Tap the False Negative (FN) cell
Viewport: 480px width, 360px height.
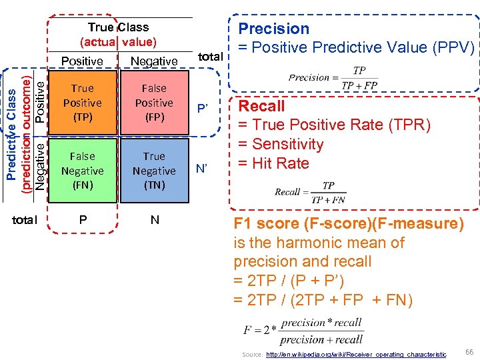point(83,171)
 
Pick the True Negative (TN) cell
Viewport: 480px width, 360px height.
point(154,171)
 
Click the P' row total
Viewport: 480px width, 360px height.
point(201,108)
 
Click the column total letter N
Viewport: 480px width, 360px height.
point(155,219)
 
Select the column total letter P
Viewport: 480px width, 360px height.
point(83,219)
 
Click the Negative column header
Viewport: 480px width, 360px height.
point(154,61)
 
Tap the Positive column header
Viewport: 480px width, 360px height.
point(82,61)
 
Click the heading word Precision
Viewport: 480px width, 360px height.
point(274,29)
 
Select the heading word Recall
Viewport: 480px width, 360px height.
point(261,106)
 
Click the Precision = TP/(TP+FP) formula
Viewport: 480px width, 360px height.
point(333,78)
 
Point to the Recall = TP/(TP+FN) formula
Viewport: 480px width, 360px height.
point(311,191)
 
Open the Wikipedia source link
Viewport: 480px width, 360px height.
point(356,355)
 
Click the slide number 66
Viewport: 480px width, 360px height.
point(469,351)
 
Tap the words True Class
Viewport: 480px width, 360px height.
point(118,27)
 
